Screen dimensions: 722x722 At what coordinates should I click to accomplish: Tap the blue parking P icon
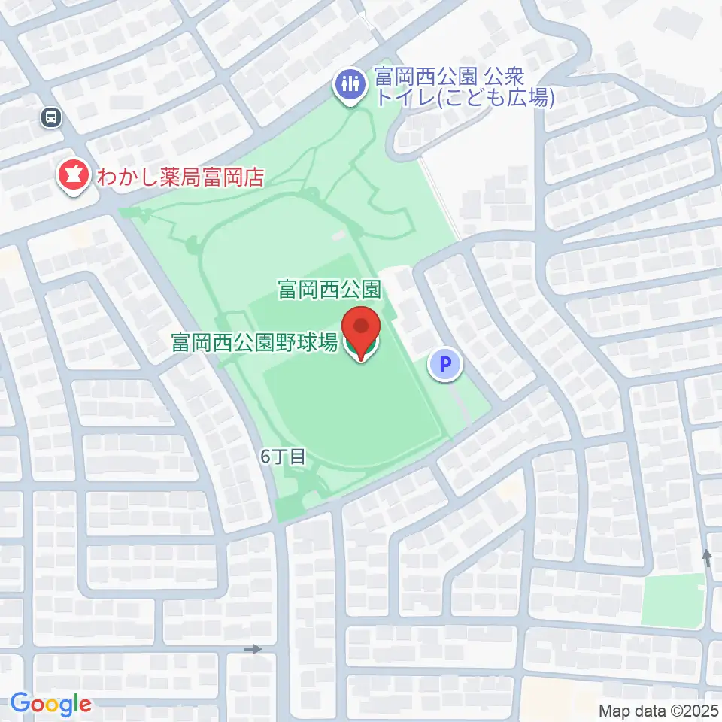coord(445,366)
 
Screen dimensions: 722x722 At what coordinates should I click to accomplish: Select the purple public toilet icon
coord(350,83)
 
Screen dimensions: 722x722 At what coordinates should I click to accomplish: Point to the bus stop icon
coord(52,117)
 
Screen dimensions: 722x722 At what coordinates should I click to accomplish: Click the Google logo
coord(50,704)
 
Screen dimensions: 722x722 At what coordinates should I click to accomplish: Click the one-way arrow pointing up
coord(706,558)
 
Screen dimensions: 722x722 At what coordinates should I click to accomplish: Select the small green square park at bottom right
coord(672,599)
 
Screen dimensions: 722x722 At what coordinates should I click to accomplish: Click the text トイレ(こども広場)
coord(464,99)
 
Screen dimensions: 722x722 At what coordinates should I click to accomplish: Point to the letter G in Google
coord(20,703)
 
